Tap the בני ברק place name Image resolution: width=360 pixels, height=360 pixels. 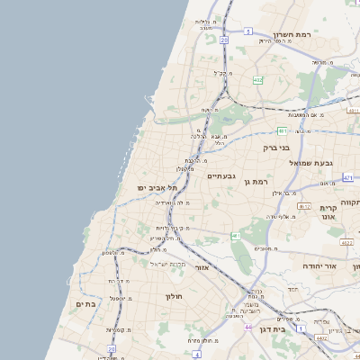[275, 147]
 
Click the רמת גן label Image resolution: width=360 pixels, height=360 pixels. [256, 182]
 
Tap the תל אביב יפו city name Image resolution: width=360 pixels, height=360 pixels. [154, 186]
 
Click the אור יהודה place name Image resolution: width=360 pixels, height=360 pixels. [341, 266]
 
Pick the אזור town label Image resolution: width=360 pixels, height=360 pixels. [201, 267]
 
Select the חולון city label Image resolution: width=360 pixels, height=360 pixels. [173, 296]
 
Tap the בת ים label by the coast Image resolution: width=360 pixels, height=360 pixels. [85, 304]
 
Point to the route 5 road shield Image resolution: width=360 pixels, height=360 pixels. [247, 31]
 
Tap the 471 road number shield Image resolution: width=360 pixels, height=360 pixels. [347, 178]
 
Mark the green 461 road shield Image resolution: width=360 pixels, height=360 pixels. [235, 236]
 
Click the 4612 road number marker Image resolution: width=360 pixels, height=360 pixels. [304, 206]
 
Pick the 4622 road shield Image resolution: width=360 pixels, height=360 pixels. [346, 242]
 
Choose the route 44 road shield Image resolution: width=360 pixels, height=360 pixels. [247, 328]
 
